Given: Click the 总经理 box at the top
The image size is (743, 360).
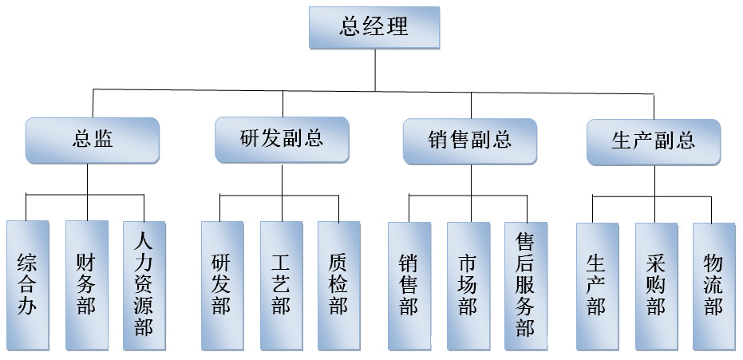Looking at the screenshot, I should tap(374, 27).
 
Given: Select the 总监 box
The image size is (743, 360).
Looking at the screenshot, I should tap(93, 140).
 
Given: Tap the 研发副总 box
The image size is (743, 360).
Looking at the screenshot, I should tap(282, 140).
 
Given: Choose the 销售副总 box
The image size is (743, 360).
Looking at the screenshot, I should tap(470, 141).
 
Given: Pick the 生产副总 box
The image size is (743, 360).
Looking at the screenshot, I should tap(654, 142).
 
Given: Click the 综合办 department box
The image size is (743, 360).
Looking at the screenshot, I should tap(27, 285).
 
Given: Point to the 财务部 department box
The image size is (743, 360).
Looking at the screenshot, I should tap(86, 285).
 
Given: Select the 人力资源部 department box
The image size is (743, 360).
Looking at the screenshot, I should tap(144, 285).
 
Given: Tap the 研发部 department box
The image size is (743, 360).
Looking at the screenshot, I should tap(222, 285).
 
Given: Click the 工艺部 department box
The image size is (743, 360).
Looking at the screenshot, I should tap(281, 285).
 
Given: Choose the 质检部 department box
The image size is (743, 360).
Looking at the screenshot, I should tap(338, 285).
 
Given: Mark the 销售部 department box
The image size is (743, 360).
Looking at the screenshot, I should tap(409, 285).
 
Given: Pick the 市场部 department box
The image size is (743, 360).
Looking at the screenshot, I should tap(468, 285).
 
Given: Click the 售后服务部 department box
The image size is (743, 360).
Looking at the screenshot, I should tap(526, 285).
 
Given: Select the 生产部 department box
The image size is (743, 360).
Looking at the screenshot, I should tap(597, 285).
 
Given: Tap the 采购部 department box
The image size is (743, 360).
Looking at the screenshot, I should tap(656, 285).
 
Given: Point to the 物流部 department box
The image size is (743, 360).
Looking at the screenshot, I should tap(713, 285).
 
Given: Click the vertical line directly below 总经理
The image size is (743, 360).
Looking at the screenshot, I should tap(375, 67).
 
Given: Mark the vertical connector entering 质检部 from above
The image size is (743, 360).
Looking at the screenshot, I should tap(339, 208).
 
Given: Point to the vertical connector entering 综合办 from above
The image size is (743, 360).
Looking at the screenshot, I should tap(26, 207).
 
